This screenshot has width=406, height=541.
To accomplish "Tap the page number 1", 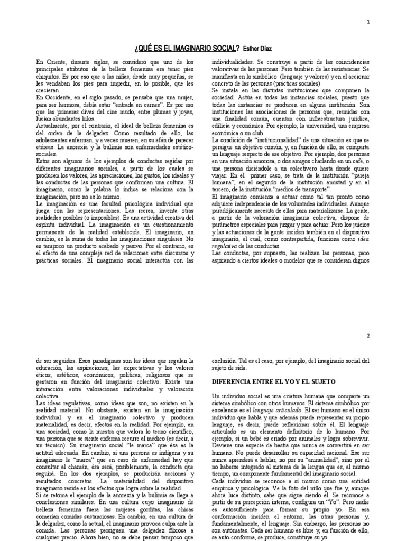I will [x=383, y=22].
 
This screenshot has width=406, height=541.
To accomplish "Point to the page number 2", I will [x=383, y=335].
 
